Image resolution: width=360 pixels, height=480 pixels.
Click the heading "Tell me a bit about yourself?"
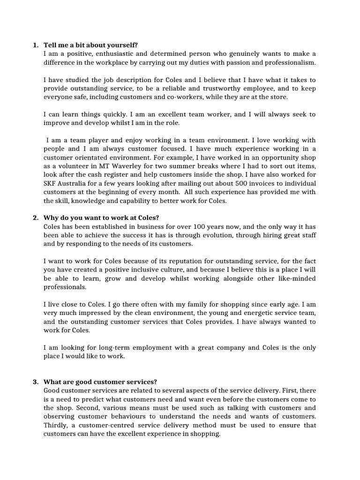[91, 45]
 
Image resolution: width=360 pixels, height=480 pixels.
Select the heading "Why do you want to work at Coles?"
[101, 217]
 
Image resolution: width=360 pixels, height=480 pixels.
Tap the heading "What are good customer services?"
[100, 382]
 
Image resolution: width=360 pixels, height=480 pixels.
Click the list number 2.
[36, 217]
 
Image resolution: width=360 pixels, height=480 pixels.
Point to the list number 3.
[36, 382]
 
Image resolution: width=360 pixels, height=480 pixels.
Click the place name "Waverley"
[131, 166]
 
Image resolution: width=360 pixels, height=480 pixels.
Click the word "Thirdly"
[56, 425]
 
